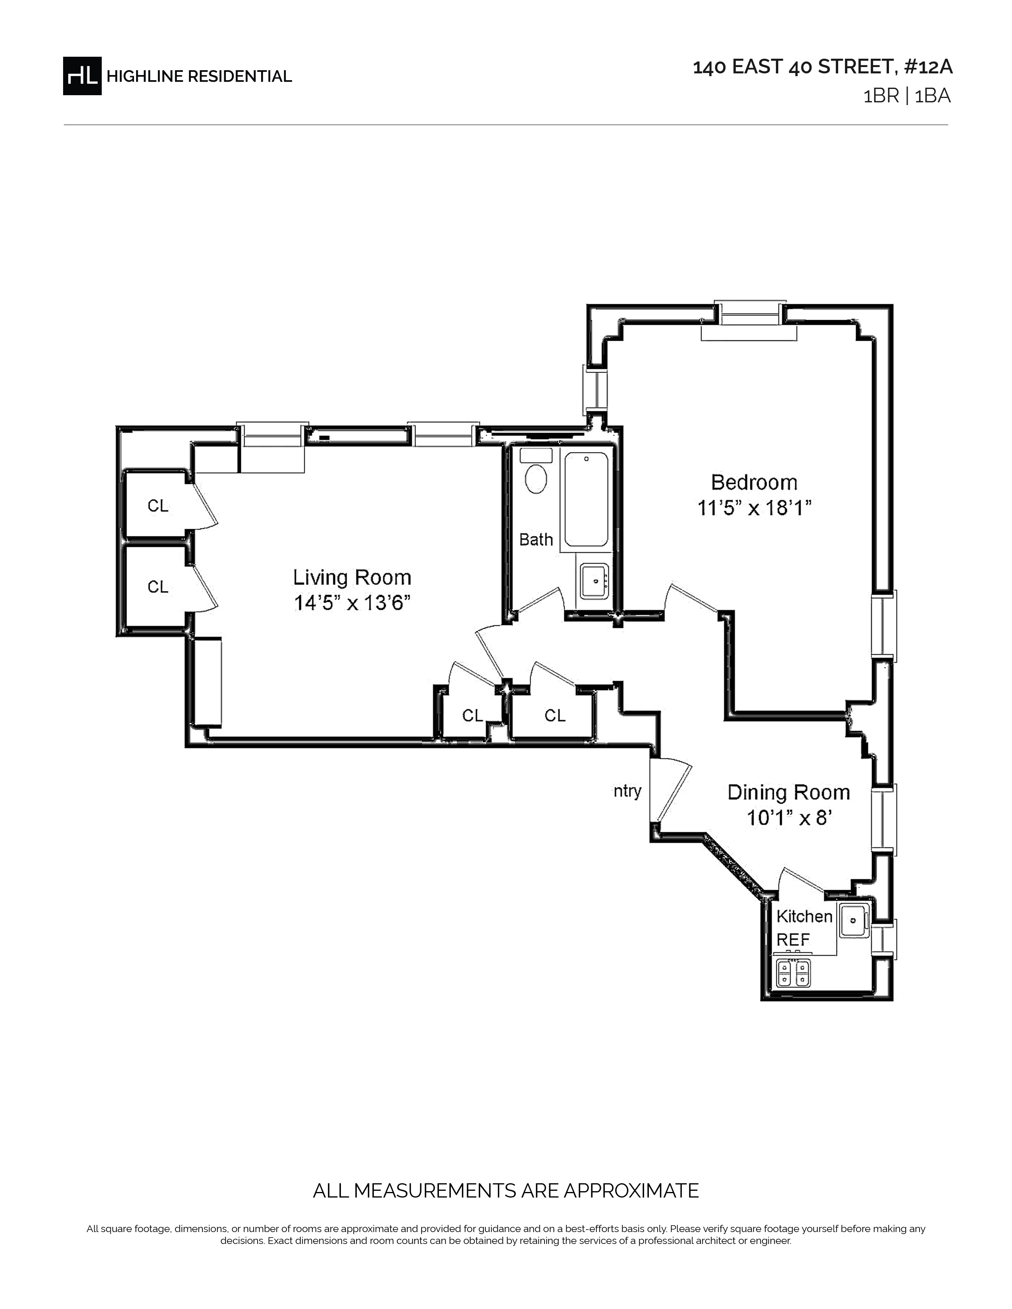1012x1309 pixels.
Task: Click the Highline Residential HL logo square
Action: [82, 75]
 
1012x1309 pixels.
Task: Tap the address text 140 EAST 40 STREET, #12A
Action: [823, 67]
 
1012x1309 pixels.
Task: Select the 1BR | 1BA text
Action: [906, 96]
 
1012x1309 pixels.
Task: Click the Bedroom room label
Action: [754, 482]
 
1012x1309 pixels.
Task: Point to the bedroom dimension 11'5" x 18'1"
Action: [754, 508]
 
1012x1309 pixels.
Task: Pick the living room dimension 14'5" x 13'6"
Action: [352, 603]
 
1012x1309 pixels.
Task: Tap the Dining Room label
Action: [789, 793]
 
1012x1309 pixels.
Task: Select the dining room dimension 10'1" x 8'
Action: [789, 818]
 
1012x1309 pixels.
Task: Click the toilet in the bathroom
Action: [536, 472]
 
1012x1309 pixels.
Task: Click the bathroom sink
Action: [595, 580]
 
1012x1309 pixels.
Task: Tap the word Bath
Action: [536, 539]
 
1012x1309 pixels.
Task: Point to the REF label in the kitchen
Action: [793, 940]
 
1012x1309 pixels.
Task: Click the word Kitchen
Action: [804, 916]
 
